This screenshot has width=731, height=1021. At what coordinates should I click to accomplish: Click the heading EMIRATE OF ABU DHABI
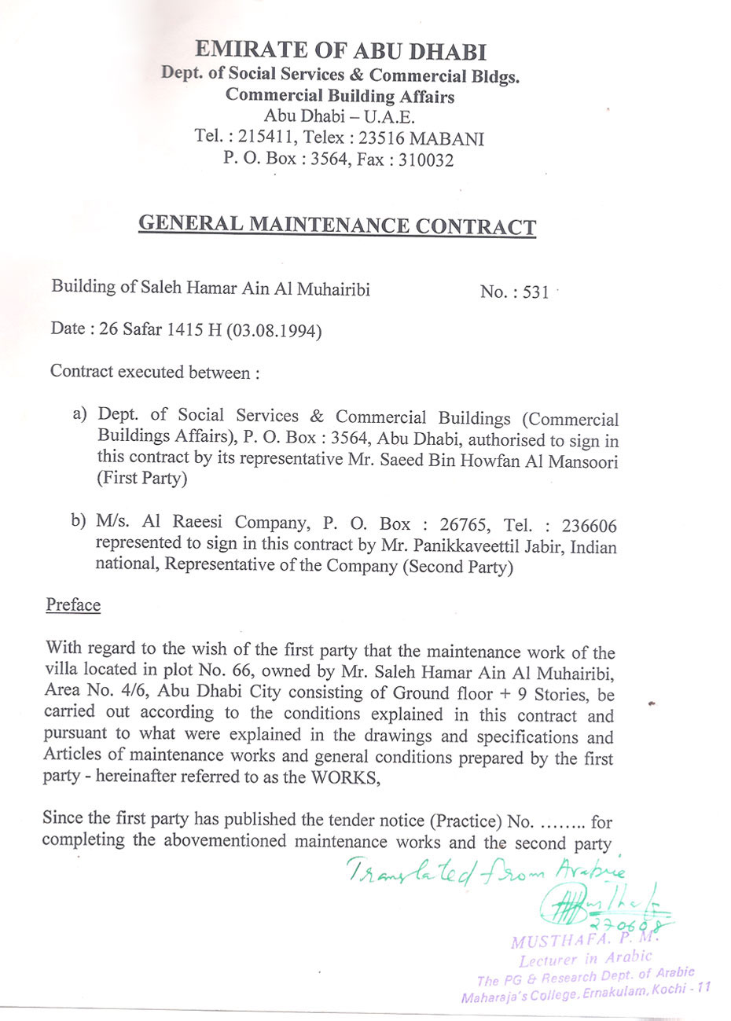click(x=340, y=51)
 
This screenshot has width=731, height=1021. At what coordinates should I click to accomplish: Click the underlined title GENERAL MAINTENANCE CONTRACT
click(x=337, y=225)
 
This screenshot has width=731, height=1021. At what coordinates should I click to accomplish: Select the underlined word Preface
click(x=73, y=605)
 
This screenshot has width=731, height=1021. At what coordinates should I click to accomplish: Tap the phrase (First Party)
click(x=141, y=479)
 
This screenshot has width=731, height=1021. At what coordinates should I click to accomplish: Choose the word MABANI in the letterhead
click(x=447, y=139)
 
